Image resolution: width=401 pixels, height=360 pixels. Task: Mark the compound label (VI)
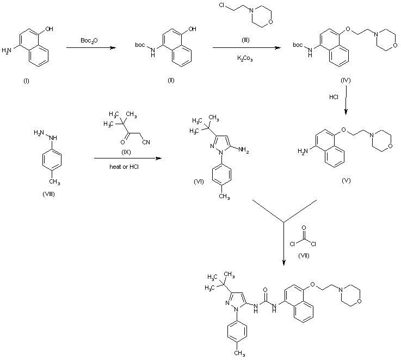[199, 181]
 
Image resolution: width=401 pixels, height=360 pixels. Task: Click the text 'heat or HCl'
[125, 166]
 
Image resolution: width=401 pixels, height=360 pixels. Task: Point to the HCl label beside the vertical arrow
[334, 97]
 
